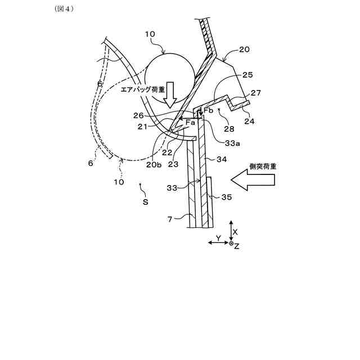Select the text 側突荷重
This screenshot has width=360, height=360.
(x=263, y=166)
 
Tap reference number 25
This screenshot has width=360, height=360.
(x=247, y=74)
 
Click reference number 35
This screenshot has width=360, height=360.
(x=226, y=197)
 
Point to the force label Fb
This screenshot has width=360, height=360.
(x=208, y=111)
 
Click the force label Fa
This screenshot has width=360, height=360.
(x=190, y=122)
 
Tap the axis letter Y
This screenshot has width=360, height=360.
(x=218, y=238)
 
